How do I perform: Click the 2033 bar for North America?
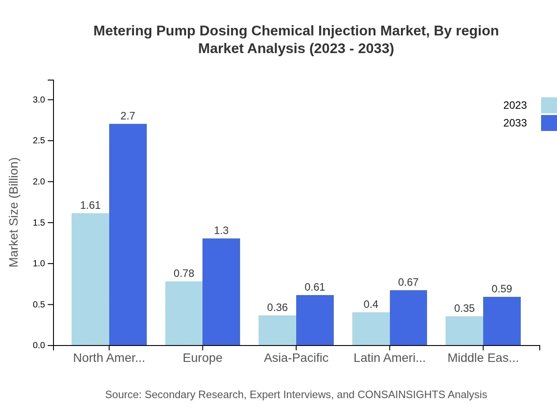[128, 234]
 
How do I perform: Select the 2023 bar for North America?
[90, 279]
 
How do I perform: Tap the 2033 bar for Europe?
[221, 292]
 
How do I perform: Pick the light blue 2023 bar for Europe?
[184, 313]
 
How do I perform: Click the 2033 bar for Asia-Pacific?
[315, 320]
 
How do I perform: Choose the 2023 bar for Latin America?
[371, 329]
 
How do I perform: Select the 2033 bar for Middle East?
[502, 321]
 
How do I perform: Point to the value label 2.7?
[128, 116]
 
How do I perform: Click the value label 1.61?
[90, 205]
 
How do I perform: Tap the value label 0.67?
[408, 282]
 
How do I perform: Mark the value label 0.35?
[464, 308]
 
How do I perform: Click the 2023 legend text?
[515, 105]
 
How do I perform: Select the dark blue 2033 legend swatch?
[549, 123]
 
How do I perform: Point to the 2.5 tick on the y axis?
[39, 141]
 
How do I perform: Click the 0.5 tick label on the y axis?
[39, 304]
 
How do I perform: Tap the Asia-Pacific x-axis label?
[296, 358]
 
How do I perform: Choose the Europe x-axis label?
[202, 358]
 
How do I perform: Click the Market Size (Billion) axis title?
[14, 212]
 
